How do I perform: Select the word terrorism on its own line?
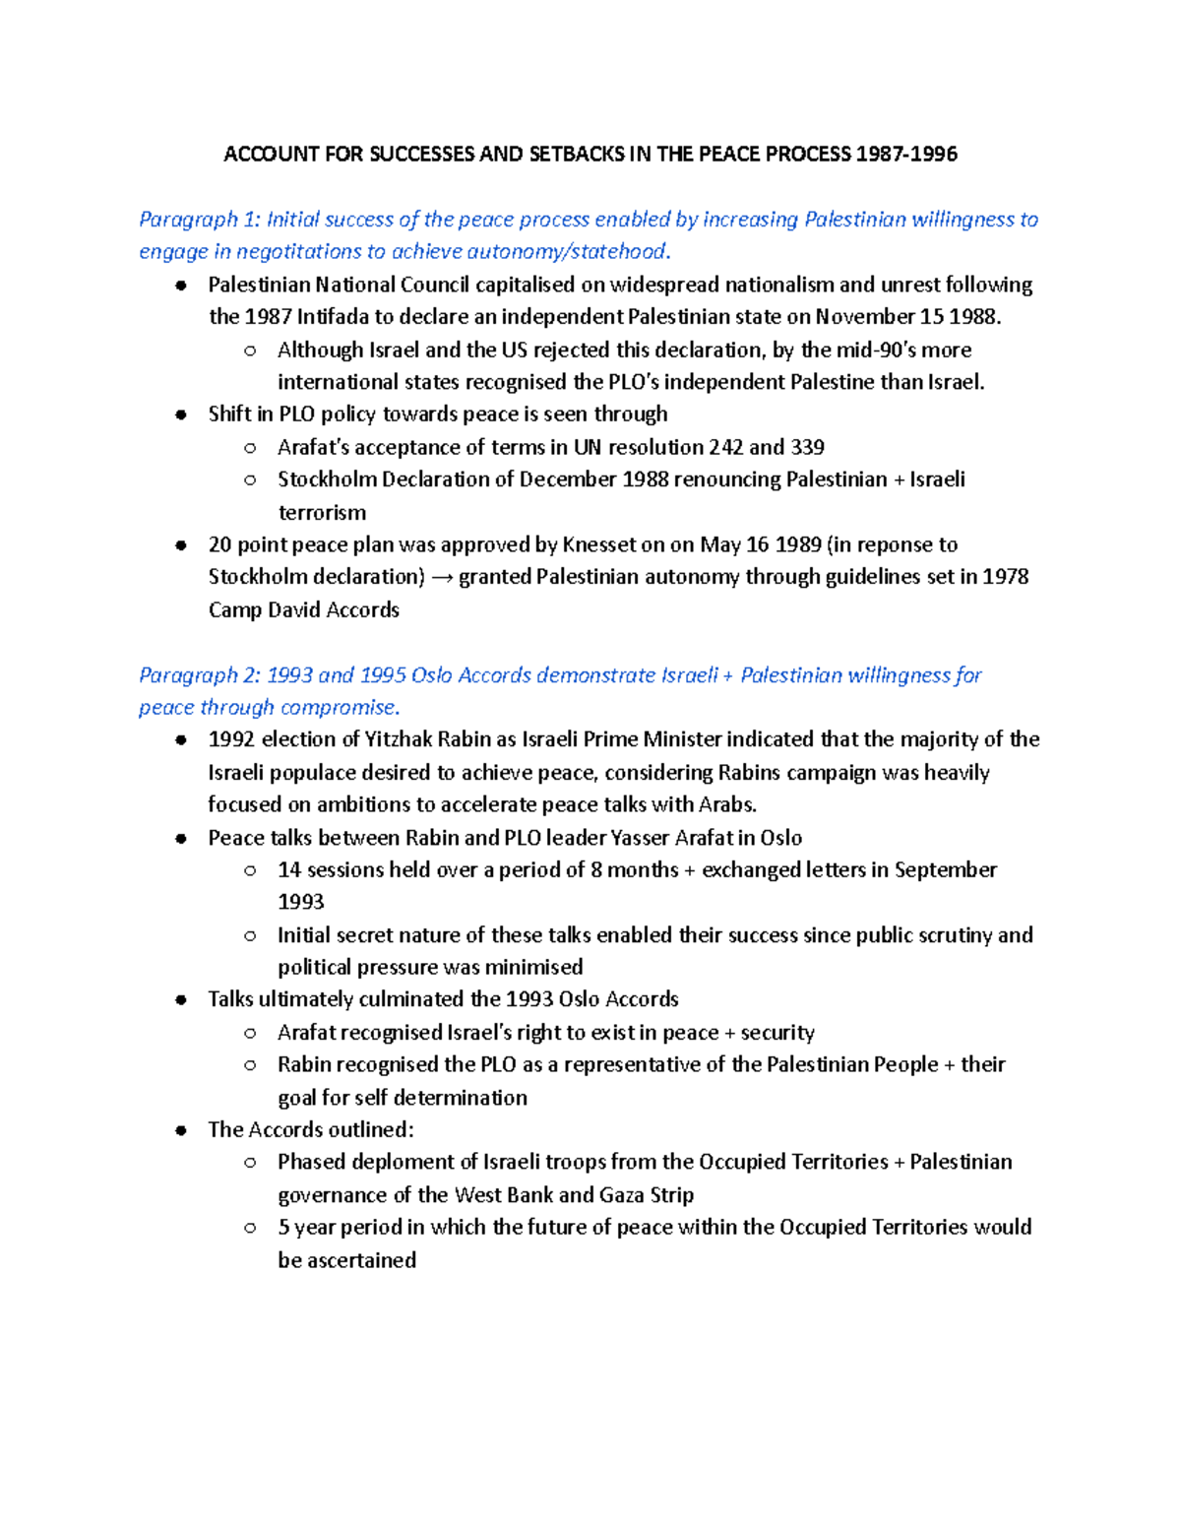[322, 513]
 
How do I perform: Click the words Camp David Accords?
[303, 610]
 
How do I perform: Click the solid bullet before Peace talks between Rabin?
[180, 839]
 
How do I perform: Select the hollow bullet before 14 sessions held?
[250, 870]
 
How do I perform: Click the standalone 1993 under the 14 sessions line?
[300, 903]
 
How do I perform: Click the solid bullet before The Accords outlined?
[180, 1130]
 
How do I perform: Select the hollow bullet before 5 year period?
[250, 1228]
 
